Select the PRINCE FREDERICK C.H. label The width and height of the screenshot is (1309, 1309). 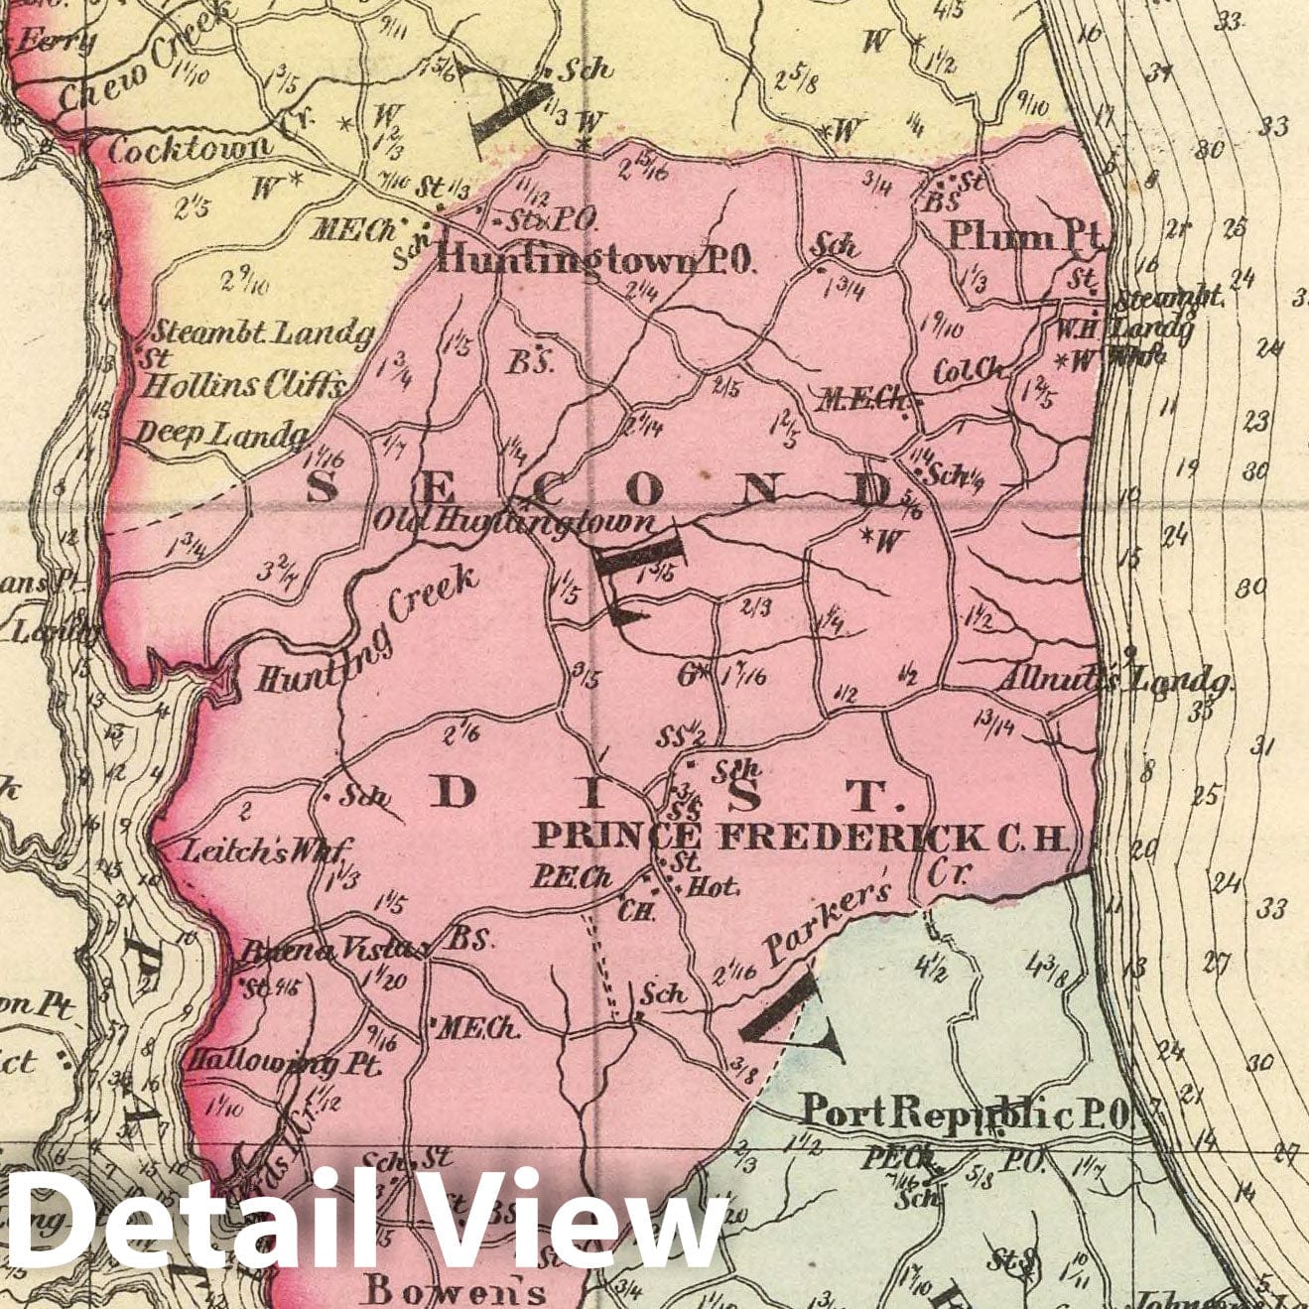click(x=800, y=838)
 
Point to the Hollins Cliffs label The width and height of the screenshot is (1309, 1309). click(x=243, y=385)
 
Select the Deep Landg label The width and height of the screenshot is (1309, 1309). click(x=222, y=433)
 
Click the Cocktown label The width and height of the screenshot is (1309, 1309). click(x=189, y=150)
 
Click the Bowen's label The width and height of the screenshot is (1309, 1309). click(x=455, y=1291)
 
